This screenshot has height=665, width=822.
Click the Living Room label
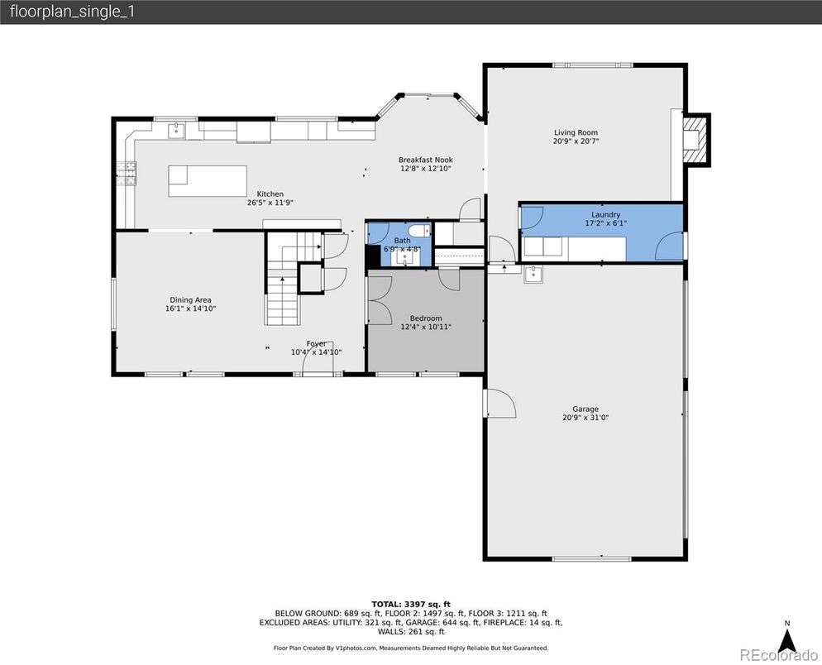(x=576, y=132)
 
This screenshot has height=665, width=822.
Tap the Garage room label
(x=585, y=409)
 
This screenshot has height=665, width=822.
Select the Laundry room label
(x=605, y=214)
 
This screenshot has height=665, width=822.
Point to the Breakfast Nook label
(x=426, y=160)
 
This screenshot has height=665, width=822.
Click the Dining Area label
(x=190, y=300)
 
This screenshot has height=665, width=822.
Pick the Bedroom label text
(x=426, y=318)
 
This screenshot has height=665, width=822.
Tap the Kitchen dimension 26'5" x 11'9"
(x=270, y=203)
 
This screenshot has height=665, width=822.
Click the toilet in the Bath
(x=419, y=231)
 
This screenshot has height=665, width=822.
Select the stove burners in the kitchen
(x=127, y=174)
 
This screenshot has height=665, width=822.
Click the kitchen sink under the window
(x=177, y=131)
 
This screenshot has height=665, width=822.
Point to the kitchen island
(x=208, y=181)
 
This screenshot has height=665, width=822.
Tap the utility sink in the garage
(x=533, y=275)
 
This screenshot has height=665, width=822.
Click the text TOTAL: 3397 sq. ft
(x=411, y=604)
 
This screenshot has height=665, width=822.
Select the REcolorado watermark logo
(x=778, y=654)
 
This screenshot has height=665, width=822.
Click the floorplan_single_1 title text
(x=72, y=12)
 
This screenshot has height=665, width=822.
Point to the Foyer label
(x=316, y=343)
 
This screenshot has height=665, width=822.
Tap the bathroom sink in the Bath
(x=404, y=257)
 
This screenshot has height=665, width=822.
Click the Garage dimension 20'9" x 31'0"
(x=585, y=418)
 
